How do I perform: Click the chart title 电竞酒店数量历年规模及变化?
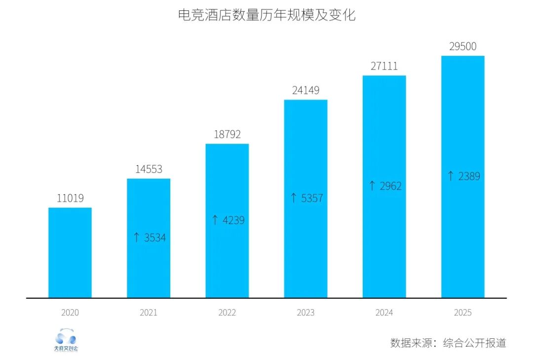pos(266,15)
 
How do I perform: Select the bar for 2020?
pos(70,252)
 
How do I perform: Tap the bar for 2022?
pos(227,221)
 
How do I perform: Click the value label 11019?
pos(70,199)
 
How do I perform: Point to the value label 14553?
pos(149,169)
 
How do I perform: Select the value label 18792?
pos(227,134)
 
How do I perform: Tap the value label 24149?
pos(305,90)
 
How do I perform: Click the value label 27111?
pos(384,66)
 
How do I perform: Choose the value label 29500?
pos(462,46)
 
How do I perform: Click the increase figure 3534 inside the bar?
pos(155,238)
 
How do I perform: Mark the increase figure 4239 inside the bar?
pos(233,220)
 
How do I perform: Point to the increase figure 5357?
pos(312,199)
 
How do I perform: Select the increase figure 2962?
pos(390,186)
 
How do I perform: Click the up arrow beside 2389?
pos(450,176)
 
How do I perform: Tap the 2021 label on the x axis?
pos(149,313)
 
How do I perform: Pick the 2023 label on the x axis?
pos(305,313)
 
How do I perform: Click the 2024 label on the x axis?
pos(384,313)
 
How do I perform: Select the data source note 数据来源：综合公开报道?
pos(448,343)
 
